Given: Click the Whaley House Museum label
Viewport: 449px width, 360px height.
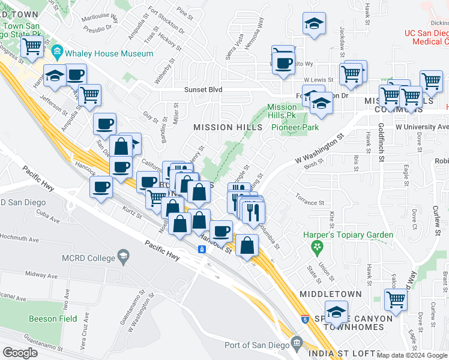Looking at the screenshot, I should (x=109, y=53).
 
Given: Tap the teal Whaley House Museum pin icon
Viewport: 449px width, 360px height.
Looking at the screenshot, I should (x=58, y=53).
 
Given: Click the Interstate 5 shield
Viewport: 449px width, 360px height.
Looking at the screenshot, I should (x=305, y=319).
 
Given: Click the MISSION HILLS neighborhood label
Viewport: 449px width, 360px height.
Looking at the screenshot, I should (x=228, y=127).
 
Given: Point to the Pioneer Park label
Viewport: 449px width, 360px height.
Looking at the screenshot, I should (x=295, y=127).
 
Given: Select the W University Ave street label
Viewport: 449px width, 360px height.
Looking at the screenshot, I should (x=422, y=127).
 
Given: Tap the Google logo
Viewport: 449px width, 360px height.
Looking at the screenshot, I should (x=20, y=352).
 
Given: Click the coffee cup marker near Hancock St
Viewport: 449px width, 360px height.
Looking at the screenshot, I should (x=221, y=230).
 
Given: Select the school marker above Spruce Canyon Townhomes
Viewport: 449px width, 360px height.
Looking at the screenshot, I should (x=338, y=313).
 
